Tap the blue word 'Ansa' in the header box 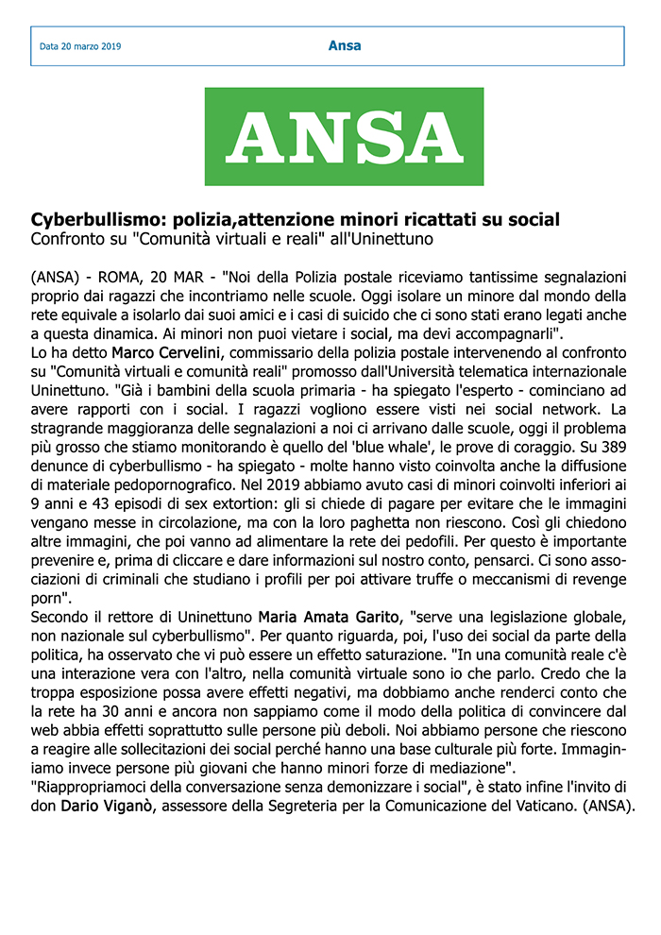click(x=344, y=45)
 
